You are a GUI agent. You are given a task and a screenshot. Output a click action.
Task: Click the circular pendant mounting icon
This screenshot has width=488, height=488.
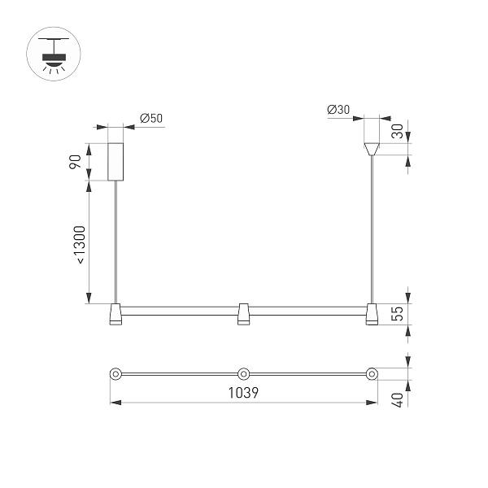pyautogui.click(x=54, y=54)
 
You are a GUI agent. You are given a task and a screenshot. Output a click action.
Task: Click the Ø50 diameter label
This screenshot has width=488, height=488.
pyautogui.click(x=151, y=119)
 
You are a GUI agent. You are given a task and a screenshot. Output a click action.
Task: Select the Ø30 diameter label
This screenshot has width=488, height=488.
pyautogui.click(x=338, y=110)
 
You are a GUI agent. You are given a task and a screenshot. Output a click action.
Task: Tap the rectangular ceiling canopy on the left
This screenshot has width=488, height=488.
pyautogui.click(x=115, y=162)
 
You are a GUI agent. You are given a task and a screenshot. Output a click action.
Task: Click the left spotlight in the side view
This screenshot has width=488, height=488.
pyautogui.click(x=115, y=315)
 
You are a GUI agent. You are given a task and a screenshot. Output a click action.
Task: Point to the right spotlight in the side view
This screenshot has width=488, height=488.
pyautogui.click(x=372, y=315)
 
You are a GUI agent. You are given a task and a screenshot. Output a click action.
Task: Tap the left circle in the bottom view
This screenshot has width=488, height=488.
pyautogui.click(x=115, y=374)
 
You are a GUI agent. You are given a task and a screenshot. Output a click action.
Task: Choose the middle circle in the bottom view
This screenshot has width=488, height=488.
pyautogui.click(x=243, y=374)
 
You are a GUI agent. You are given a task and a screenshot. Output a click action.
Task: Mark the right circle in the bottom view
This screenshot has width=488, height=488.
pyautogui.click(x=372, y=374)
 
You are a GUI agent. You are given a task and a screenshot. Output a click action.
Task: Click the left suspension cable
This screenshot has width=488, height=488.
pyautogui.click(x=115, y=244)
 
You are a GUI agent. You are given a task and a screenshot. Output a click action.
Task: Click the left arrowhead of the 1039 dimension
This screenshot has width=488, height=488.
pyautogui.click(x=113, y=403)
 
